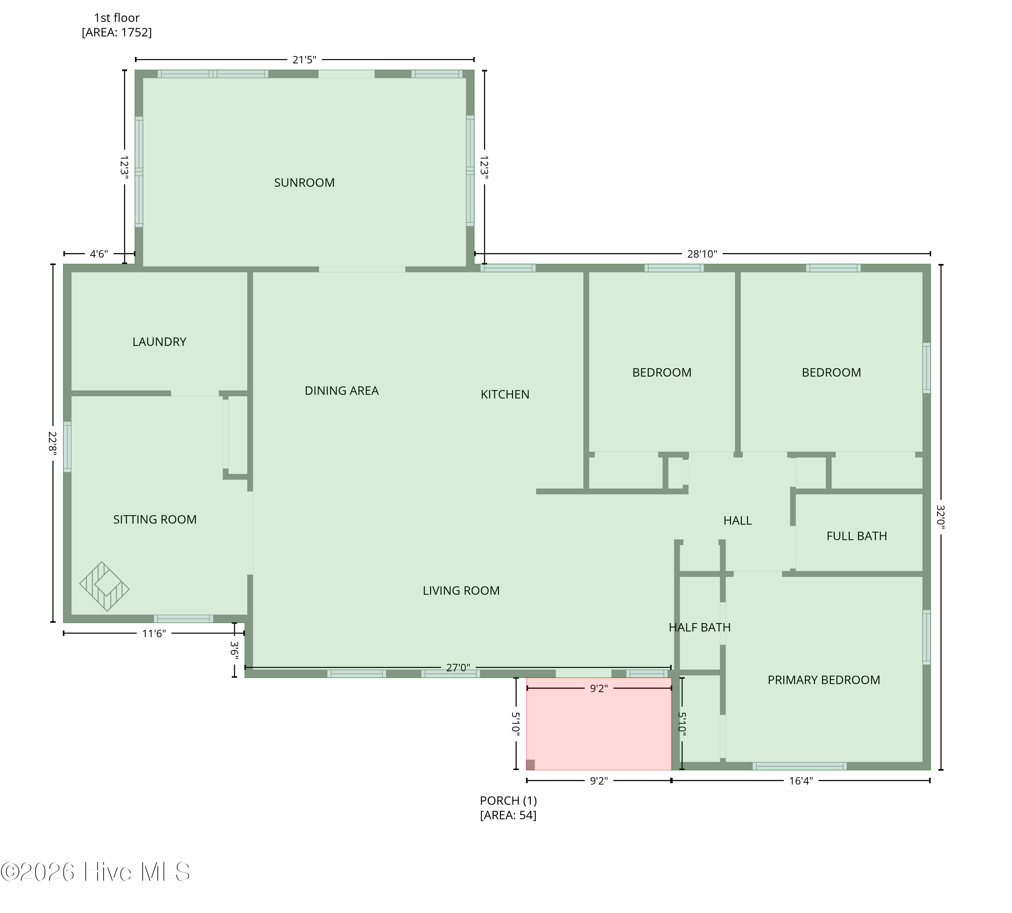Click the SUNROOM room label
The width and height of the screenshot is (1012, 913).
[304, 183]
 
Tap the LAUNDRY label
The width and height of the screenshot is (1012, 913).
[159, 342]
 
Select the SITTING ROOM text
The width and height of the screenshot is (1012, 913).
[154, 519]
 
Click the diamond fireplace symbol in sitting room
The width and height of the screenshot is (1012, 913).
[105, 586]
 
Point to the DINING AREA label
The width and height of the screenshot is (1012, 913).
[341, 390]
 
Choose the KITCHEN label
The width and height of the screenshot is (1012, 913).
[505, 394]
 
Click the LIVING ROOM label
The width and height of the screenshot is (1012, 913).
[461, 590]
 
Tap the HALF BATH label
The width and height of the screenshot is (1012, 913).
[699, 627]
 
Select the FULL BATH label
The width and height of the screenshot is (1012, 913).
[856, 536]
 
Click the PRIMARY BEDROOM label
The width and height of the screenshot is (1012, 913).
[824, 680]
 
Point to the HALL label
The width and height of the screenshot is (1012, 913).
[737, 520]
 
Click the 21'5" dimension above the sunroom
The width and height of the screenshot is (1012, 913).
[304, 60]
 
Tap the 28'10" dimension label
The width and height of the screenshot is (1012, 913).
[702, 254]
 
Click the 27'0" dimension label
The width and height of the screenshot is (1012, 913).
[458, 668]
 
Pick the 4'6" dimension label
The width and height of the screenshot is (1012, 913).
[99, 254]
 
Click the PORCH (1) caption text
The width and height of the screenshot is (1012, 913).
[508, 800]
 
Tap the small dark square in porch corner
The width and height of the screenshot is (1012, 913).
[530, 765]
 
